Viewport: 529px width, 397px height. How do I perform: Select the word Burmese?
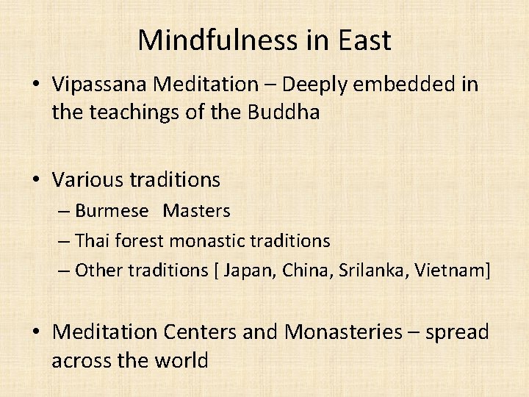point(112,211)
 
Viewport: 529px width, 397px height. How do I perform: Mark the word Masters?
point(197,211)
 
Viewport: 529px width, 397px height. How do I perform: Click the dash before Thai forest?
point(64,240)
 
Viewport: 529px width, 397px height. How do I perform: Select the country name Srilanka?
point(374,270)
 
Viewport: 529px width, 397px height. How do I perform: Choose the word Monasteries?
point(343,332)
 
